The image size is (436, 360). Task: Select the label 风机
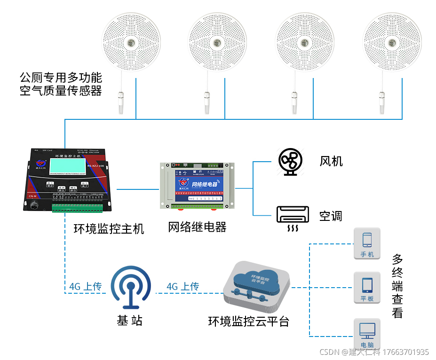(x=331, y=161)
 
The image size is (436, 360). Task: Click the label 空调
(x=331, y=216)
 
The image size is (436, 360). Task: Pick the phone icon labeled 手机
(x=367, y=243)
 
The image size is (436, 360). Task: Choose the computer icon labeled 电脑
(x=367, y=333)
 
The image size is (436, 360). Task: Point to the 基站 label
(x=130, y=321)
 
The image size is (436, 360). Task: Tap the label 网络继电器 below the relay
(x=197, y=227)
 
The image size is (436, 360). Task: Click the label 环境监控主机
(x=109, y=229)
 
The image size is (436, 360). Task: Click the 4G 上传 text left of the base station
(x=85, y=286)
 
